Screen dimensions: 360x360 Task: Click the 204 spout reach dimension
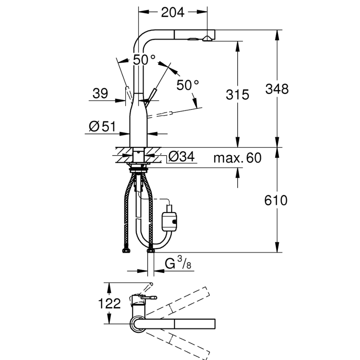[173, 12]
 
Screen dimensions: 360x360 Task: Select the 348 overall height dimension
[277, 89]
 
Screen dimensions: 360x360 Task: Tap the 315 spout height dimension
[237, 95]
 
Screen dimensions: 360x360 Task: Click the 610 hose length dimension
[276, 200]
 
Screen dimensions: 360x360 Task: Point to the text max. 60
[238, 158]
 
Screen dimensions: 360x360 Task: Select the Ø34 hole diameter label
[181, 157]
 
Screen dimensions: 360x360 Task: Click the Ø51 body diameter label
[102, 126]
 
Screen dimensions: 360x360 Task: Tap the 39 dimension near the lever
[100, 93]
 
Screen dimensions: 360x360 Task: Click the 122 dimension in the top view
[109, 304]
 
